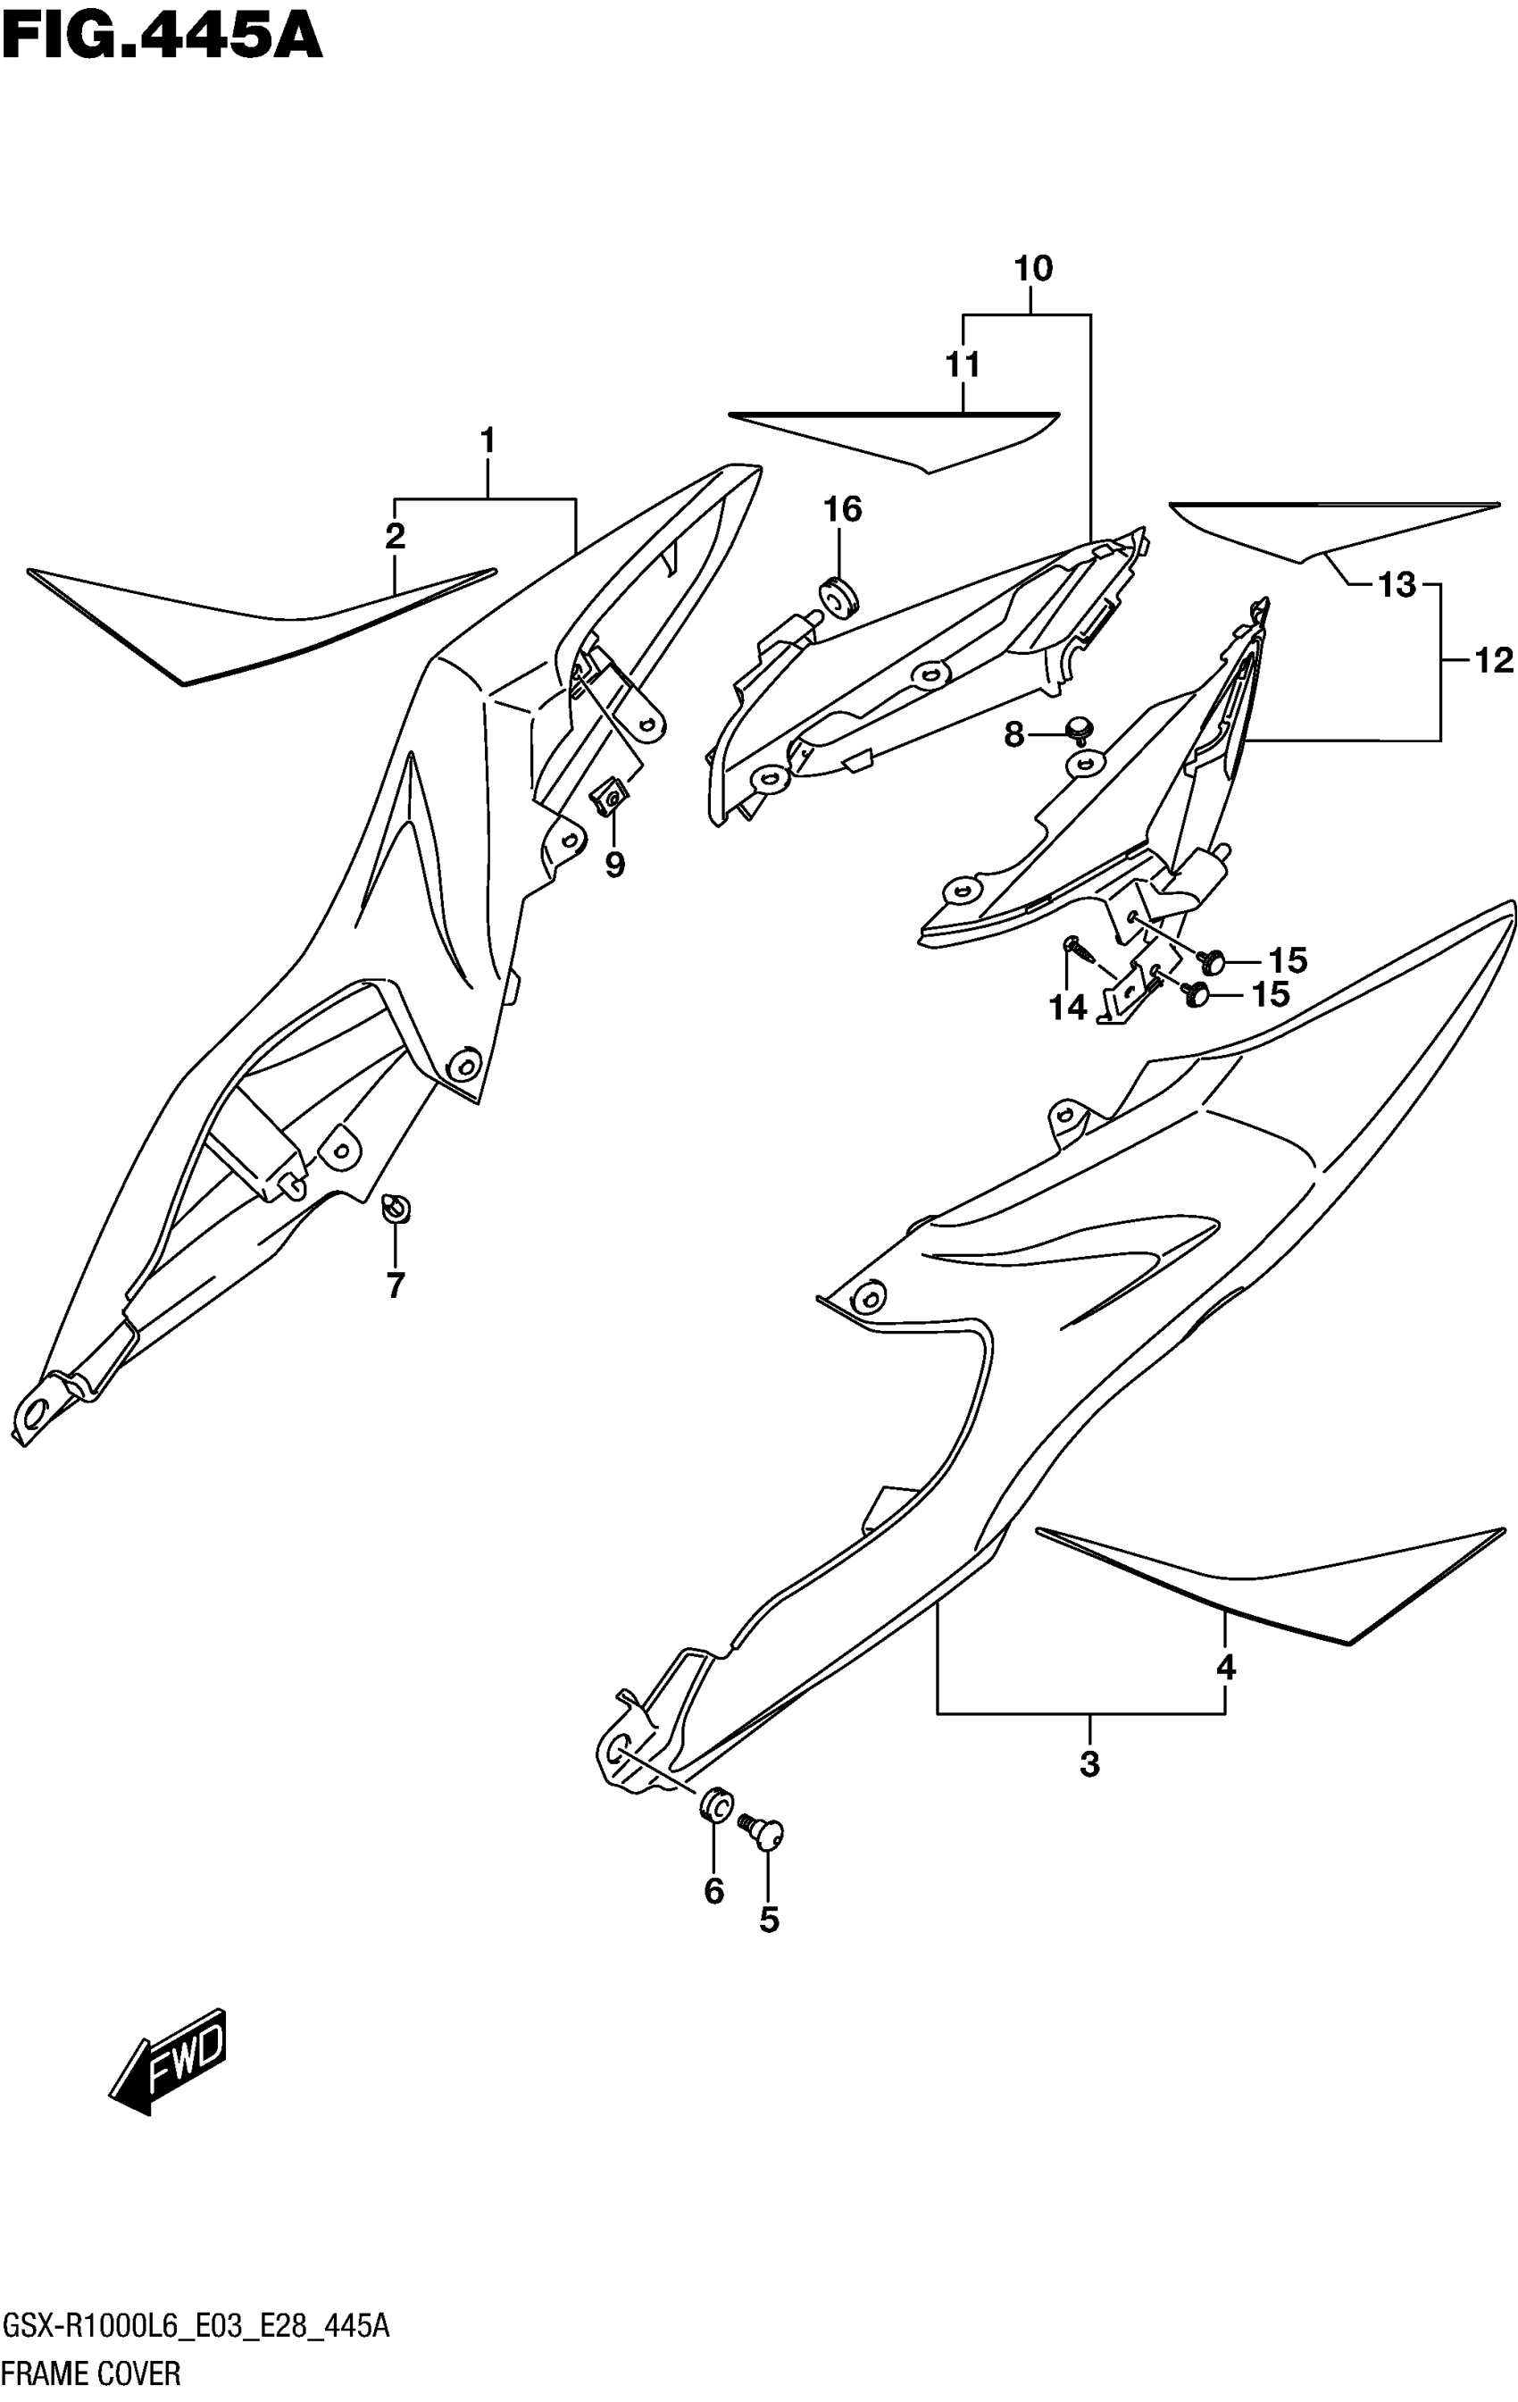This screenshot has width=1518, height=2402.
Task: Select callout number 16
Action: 842,510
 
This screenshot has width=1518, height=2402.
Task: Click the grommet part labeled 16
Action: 838,597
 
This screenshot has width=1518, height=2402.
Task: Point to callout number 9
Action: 614,864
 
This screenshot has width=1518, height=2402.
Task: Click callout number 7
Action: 395,1285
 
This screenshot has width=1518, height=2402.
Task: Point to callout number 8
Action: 1013,736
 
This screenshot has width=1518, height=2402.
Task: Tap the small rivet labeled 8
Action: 1077,728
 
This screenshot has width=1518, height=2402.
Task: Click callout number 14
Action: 1067,1008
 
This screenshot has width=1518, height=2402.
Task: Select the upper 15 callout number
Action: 1288,960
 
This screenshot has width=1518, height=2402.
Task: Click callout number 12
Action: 1492,660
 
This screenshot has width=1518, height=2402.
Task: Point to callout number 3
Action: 1089,1764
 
